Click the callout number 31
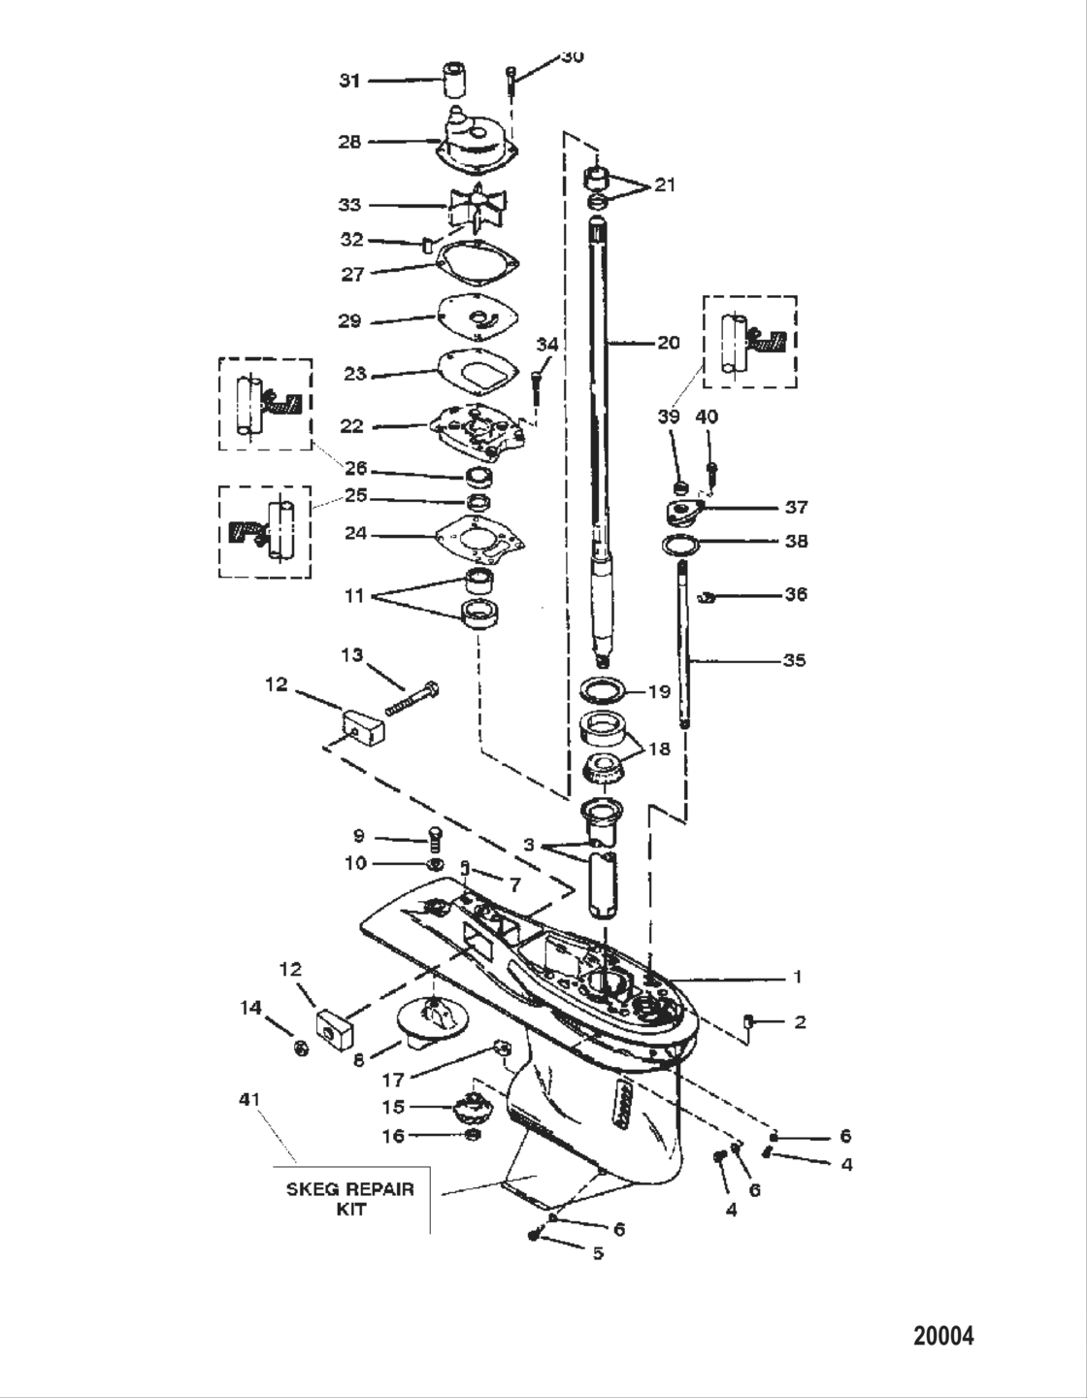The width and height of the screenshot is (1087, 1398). [x=348, y=81]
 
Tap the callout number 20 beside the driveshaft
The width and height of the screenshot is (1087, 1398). [x=668, y=343]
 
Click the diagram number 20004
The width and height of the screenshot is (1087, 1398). [x=943, y=1336]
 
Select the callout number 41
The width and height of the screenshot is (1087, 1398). [x=249, y=1099]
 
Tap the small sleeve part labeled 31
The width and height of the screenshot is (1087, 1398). [x=451, y=80]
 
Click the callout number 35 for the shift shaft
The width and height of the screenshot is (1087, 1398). [x=795, y=660]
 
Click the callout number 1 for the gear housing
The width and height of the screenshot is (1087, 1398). [x=797, y=977]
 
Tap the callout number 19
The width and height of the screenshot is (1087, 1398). [x=659, y=692]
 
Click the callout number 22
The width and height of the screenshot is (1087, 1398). [x=351, y=426]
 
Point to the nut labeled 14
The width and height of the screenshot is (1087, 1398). [x=301, y=1048]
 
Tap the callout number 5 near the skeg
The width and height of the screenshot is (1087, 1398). [x=598, y=1252]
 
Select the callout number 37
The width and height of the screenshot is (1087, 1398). [x=796, y=507]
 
